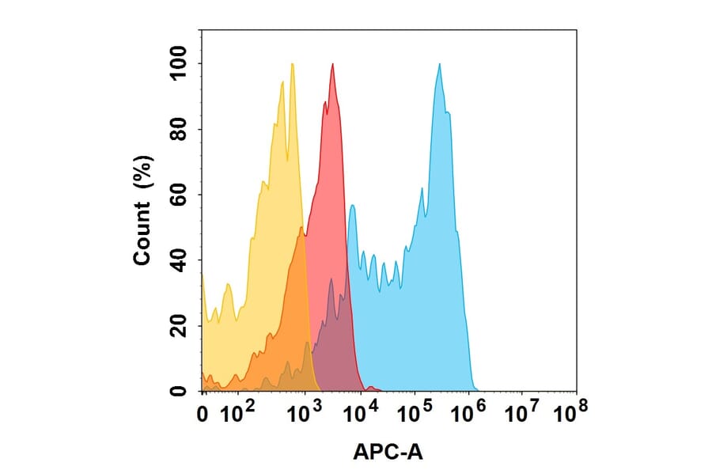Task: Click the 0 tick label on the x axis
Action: tap(203, 413)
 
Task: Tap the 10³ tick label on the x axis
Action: tap(303, 411)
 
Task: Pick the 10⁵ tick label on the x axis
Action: tap(414, 411)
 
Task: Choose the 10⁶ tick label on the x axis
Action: tap(468, 411)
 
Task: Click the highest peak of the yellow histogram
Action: tap(292, 64)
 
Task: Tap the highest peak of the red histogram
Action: tap(333, 64)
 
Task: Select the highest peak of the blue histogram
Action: tap(439, 64)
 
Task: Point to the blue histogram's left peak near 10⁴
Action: tap(352, 206)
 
